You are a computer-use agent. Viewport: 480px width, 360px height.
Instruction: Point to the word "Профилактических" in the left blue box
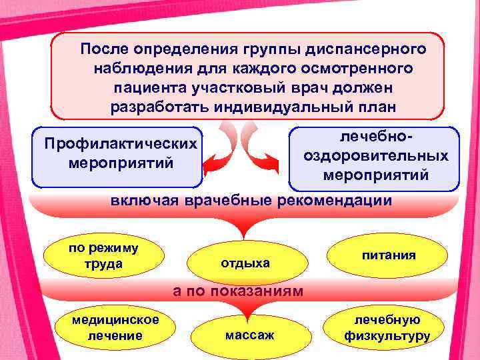[x=120, y=144]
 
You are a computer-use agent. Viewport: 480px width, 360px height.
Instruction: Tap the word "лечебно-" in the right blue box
[x=375, y=137]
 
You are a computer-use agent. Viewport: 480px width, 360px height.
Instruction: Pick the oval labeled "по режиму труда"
[x=103, y=256]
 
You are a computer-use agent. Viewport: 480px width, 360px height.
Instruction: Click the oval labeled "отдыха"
[x=245, y=263]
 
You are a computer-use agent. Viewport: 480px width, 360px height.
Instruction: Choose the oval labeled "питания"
[x=389, y=255]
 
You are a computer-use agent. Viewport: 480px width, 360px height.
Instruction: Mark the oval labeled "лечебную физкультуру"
[x=387, y=328]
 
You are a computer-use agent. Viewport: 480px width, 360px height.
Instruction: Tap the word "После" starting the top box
[x=105, y=50]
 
